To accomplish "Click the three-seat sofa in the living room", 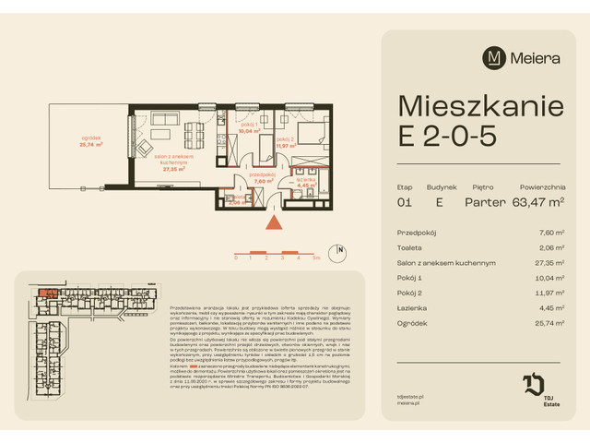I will [166, 120].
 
